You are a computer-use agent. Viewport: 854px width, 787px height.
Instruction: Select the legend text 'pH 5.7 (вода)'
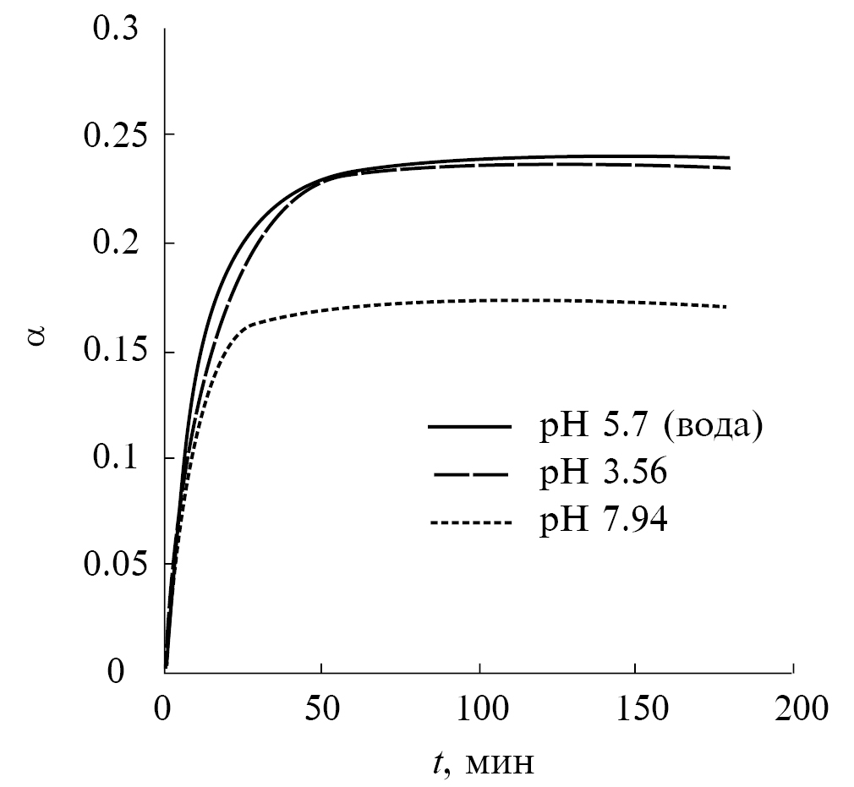pyautogui.click(x=652, y=427)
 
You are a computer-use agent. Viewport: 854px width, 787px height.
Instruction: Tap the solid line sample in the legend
pyautogui.click(x=469, y=427)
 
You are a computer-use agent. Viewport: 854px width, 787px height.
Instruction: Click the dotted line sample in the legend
pyautogui.click(x=469, y=523)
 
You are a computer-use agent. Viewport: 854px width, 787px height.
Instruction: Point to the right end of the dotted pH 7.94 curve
pyautogui.click(x=725, y=307)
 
